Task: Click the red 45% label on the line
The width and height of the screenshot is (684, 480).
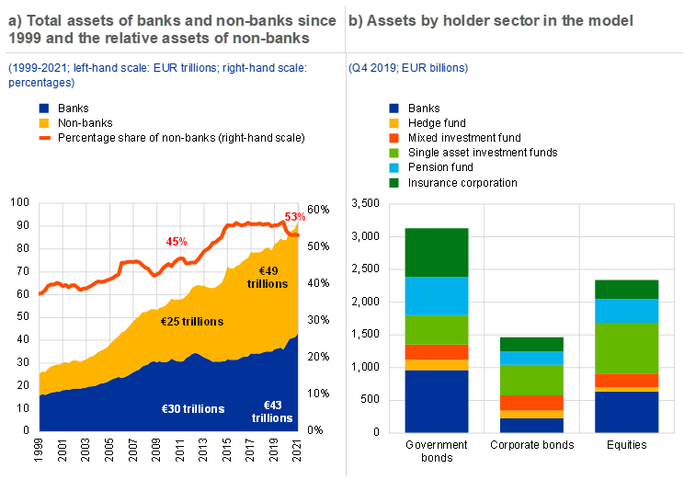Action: (x=177, y=242)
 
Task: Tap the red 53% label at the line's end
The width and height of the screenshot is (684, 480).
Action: (x=295, y=217)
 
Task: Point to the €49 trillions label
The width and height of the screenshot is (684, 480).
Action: (x=268, y=278)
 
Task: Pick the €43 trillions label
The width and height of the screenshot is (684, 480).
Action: (x=273, y=411)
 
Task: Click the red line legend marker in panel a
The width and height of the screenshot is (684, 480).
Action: (x=44, y=138)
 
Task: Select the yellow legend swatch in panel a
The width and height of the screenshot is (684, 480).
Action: (x=44, y=123)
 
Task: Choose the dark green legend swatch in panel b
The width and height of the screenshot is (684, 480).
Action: (x=394, y=183)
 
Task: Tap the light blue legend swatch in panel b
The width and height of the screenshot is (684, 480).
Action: (x=394, y=168)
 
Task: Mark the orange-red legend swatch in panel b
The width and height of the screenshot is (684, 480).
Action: (x=394, y=138)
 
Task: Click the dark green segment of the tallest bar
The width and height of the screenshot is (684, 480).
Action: (x=437, y=253)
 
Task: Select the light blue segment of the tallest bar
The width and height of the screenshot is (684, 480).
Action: (x=437, y=296)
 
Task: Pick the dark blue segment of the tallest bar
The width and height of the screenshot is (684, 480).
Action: (x=437, y=401)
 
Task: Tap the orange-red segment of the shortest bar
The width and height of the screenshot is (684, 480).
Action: (x=532, y=403)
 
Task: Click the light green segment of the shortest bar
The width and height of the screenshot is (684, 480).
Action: (x=532, y=381)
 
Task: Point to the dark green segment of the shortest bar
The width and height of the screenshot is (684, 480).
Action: (x=532, y=344)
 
